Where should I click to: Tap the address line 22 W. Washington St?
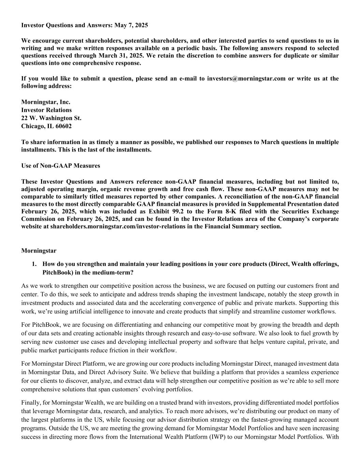click(51, 118)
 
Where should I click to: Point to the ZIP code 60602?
click(63, 126)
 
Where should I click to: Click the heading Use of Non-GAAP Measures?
click(61, 166)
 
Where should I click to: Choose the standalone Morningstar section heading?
click(39, 251)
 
